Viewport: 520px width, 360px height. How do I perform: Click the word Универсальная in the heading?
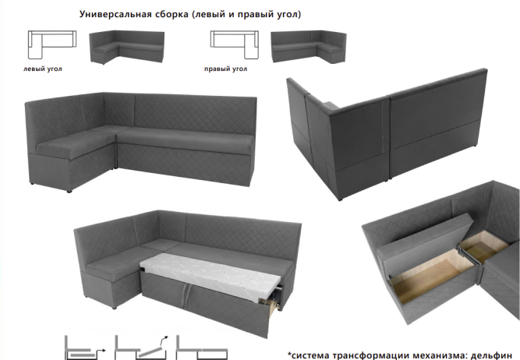coord(115,15)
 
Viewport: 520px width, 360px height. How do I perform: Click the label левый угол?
coord(42,69)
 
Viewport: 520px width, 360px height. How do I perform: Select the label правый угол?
coord(225,69)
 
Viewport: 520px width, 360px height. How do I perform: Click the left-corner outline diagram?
coord(52,44)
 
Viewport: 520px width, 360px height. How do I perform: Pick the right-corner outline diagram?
coord(235,44)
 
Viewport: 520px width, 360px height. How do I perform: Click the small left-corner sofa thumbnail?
coord(127,47)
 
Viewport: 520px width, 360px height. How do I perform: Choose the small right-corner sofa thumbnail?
coord(309,47)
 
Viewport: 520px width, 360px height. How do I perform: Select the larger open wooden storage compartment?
coord(431,275)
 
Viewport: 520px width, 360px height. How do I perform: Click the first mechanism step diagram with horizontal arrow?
coord(85,348)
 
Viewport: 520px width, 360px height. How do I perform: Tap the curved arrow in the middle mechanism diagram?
coord(164,341)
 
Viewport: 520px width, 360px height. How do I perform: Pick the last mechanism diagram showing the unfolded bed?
coord(202,348)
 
